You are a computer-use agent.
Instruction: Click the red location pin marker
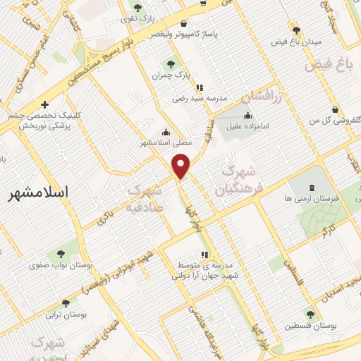(x=182, y=166)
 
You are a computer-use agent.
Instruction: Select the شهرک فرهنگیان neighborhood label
(x=240, y=180)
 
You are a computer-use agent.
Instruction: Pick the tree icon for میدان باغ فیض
(x=297, y=30)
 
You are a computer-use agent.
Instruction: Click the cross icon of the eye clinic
(x=44, y=104)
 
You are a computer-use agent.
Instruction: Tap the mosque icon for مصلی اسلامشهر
(x=166, y=131)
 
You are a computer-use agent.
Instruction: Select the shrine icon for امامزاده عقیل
(x=247, y=116)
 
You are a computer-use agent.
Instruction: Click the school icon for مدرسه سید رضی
(x=200, y=88)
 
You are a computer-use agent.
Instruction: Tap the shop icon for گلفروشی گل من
(x=335, y=110)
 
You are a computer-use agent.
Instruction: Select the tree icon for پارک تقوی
(x=138, y=8)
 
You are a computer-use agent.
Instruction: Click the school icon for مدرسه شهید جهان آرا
(x=204, y=255)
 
